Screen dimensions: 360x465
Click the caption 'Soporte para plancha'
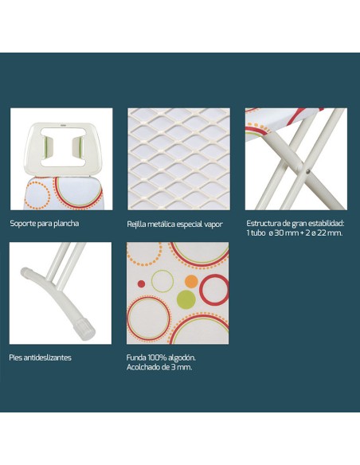coord(45,223)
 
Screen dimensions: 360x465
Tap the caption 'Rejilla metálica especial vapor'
coord(174,225)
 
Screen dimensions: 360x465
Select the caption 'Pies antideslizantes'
coord(40,358)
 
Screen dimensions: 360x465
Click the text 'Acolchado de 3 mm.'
coord(159,367)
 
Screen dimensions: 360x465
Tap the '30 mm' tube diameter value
coord(282,232)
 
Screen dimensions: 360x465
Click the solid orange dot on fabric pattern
coord(191,281)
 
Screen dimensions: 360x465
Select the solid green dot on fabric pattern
coord(186,299)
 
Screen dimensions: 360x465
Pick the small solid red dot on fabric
coord(142,283)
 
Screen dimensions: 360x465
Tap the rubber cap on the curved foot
coord(84,330)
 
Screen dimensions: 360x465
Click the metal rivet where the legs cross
coord(307,171)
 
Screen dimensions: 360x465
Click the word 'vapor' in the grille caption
coord(213,225)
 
